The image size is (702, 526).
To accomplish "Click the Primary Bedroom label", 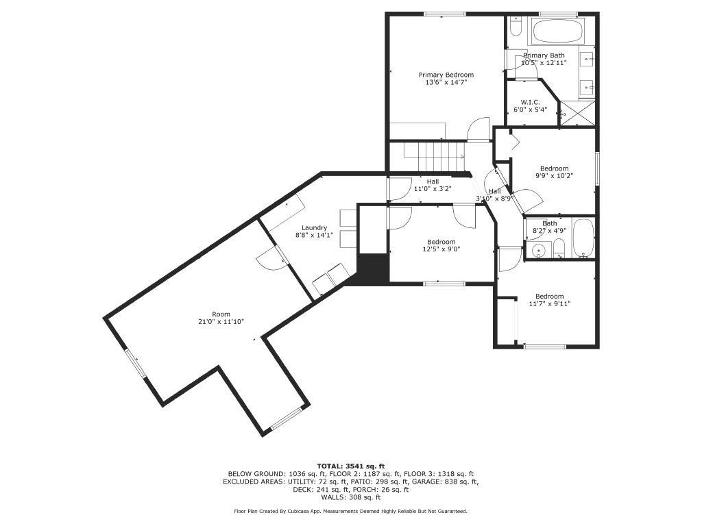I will click(446, 75).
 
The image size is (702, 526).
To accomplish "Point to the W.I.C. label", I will click(530, 102).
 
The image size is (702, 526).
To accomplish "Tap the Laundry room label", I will click(314, 227).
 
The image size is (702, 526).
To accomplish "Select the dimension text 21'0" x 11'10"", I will click(221, 322).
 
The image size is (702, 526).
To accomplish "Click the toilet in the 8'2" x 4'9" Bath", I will click(559, 250).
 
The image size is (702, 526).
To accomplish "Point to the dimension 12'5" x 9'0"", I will click(441, 249).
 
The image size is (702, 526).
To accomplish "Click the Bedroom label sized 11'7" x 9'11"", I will click(549, 297).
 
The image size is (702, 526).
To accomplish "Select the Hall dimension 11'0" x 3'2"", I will click(433, 189).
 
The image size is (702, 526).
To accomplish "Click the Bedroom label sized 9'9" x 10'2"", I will click(554, 168).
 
